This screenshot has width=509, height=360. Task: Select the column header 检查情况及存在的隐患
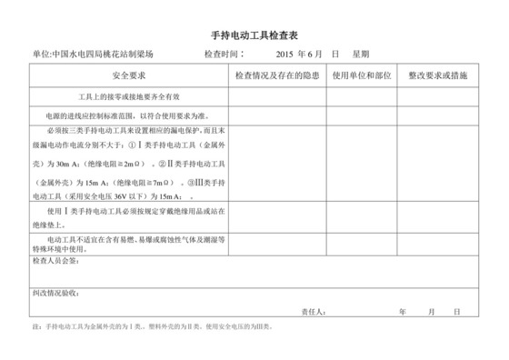274,75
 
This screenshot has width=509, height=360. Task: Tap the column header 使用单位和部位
361,75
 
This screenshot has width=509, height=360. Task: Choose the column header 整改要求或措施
437,75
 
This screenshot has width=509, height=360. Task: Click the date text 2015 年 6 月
297,55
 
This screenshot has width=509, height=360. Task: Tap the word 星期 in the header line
361,55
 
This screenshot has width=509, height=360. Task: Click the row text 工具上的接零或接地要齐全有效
129,95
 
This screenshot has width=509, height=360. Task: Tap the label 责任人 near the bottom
313,310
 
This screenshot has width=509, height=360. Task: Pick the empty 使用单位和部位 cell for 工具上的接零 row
361,95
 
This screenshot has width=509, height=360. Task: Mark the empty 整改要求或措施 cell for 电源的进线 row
437,115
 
